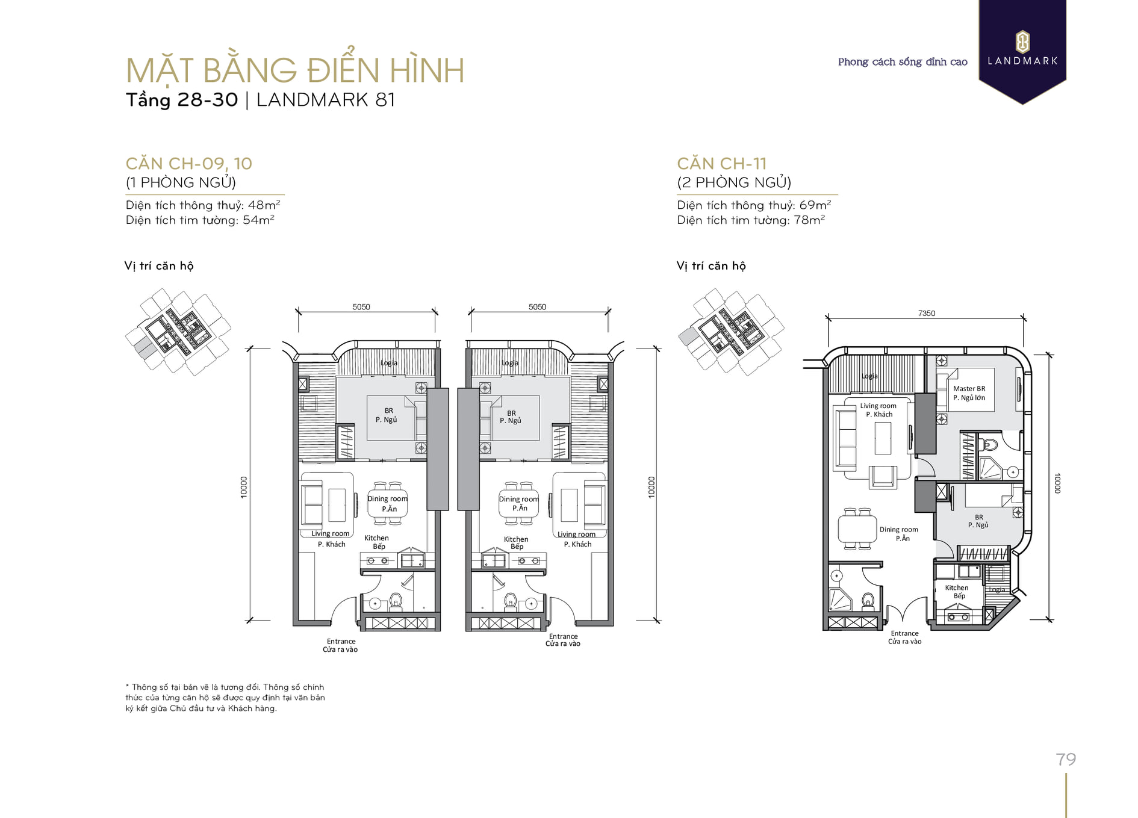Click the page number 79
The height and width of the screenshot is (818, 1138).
point(1066,759)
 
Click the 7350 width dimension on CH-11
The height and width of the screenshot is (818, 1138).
point(927,313)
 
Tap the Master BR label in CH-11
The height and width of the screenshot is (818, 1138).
point(969,389)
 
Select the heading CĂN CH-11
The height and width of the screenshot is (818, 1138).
point(721,163)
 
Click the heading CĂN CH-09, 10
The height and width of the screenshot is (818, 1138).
point(188,163)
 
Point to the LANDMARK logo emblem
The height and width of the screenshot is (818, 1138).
point(1022,42)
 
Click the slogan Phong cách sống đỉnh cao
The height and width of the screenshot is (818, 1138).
point(903,62)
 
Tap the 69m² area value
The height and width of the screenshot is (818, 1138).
point(815,205)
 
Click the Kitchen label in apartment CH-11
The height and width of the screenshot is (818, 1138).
point(956,587)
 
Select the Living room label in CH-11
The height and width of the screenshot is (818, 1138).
point(878,406)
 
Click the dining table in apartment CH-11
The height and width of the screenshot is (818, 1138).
point(857,530)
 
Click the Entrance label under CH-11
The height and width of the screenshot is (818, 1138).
point(904,633)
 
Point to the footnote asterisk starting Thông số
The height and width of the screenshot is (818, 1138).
point(127,686)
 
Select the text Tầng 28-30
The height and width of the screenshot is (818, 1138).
point(182,99)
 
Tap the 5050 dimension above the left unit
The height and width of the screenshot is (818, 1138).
point(361,306)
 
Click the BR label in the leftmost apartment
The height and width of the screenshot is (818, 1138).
point(389,411)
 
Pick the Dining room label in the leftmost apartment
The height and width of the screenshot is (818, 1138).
point(387,498)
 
